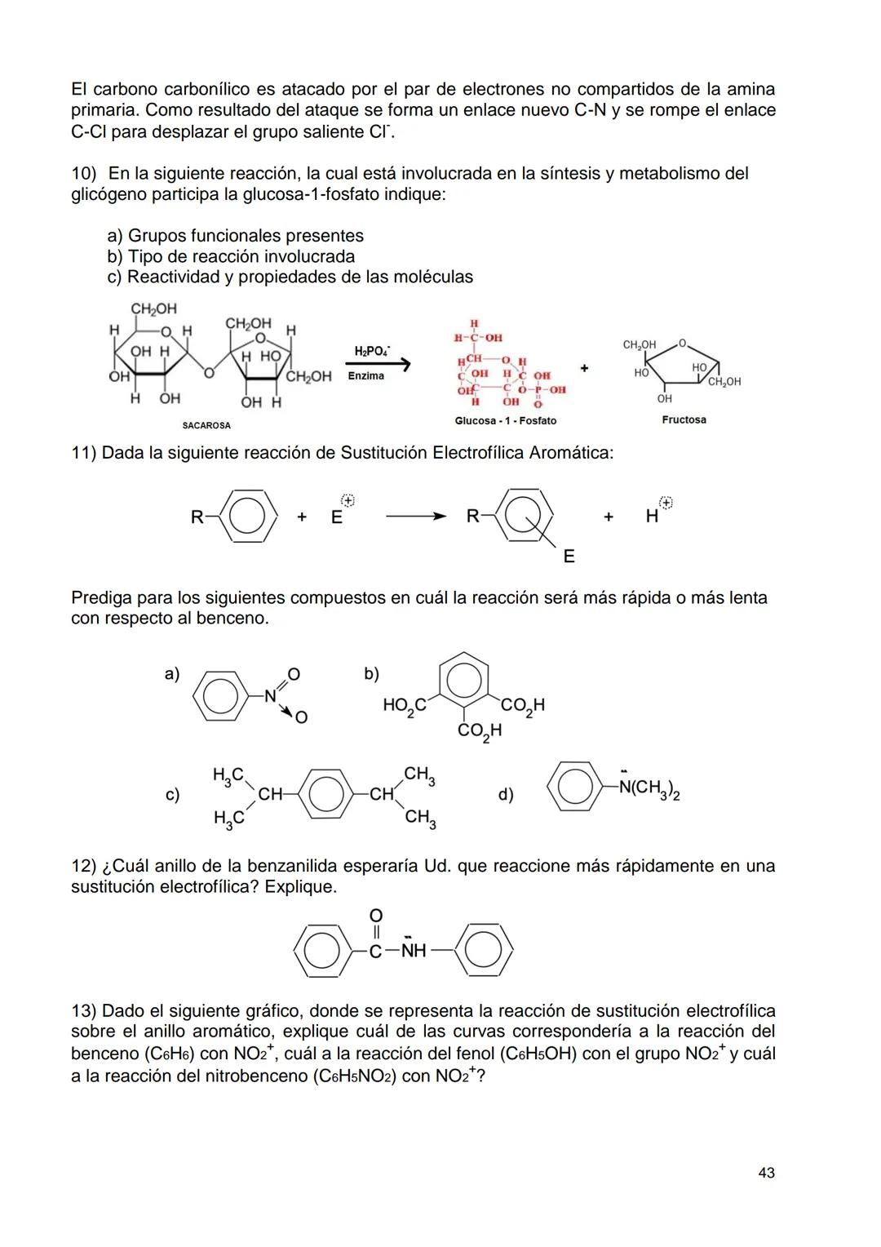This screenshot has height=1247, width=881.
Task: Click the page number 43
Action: (766, 1173)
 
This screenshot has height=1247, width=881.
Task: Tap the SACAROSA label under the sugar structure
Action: (206, 425)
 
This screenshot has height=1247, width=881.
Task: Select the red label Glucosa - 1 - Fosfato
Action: (506, 420)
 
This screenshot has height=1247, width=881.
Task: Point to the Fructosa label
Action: (684, 419)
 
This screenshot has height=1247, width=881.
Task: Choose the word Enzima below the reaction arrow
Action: (365, 375)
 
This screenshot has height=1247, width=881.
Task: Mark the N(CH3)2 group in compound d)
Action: (649, 788)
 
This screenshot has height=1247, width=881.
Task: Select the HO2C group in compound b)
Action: (405, 705)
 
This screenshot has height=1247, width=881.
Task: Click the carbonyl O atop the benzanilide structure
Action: (376, 915)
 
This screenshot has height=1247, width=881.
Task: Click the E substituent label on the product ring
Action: (569, 556)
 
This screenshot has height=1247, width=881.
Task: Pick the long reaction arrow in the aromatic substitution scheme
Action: (416, 517)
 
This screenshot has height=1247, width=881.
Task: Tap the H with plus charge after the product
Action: (653, 516)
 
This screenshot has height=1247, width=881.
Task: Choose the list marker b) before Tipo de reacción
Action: (115, 256)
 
